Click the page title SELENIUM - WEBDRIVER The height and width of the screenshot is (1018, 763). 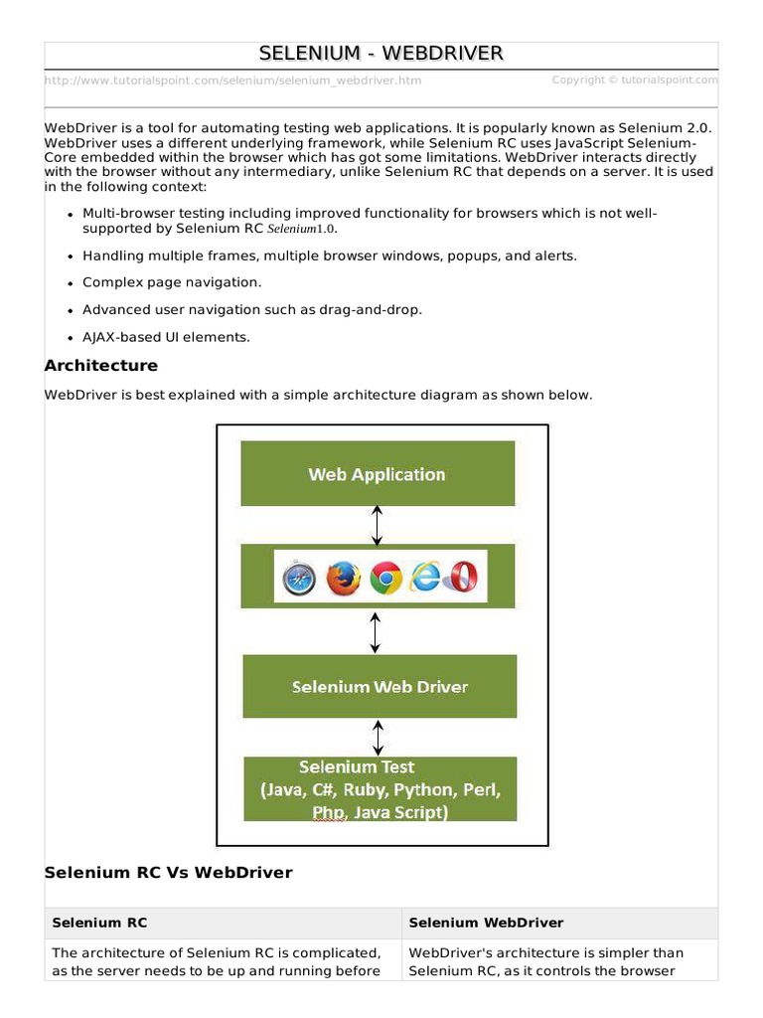coord(381,53)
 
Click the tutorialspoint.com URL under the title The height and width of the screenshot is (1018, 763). coord(232,81)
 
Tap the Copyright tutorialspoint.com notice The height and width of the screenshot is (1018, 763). coord(635,81)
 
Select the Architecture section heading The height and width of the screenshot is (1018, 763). coord(100,366)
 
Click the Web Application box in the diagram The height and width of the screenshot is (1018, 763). coord(378,474)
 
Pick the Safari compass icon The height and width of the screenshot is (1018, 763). coord(298,578)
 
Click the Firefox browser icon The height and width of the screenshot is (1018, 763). coord(343,578)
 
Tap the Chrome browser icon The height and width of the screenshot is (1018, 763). coord(385,578)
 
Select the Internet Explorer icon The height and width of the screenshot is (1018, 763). coord(425,578)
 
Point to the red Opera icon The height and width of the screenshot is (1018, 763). coord(461,578)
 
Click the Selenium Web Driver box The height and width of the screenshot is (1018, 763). coord(380,687)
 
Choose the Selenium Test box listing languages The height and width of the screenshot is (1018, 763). coord(381,789)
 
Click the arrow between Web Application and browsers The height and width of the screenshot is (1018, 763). coord(377,525)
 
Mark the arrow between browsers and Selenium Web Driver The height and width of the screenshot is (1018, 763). coord(375,632)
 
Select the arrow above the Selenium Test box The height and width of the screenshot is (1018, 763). coord(378,738)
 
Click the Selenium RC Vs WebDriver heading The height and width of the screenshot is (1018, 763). coord(168,873)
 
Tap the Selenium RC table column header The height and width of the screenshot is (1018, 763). coord(99,923)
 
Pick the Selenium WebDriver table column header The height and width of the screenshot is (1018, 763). coord(486,923)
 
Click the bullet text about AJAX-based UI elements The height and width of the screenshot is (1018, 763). coord(166,337)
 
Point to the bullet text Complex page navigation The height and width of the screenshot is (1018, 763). coord(172,282)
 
